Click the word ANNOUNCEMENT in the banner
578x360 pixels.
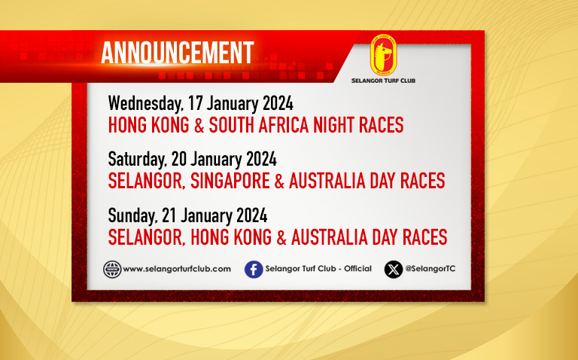178,53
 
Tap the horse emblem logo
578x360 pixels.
383,55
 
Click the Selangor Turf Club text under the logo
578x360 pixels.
383,81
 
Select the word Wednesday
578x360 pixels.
145,104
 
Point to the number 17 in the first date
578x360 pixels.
196,103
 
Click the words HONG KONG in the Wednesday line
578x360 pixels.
148,125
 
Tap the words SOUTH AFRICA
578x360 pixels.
259,125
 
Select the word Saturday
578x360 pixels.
137,160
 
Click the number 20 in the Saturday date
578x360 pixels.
179,159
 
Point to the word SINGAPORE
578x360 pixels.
230,181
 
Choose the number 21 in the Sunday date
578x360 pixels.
169,215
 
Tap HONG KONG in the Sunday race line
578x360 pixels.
231,237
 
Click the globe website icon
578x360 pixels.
112,270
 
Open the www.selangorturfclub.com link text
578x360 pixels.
177,270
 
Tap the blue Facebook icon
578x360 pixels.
254,270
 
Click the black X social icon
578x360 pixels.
394,270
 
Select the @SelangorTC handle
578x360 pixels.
430,269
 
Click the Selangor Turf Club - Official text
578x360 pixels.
318,269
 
